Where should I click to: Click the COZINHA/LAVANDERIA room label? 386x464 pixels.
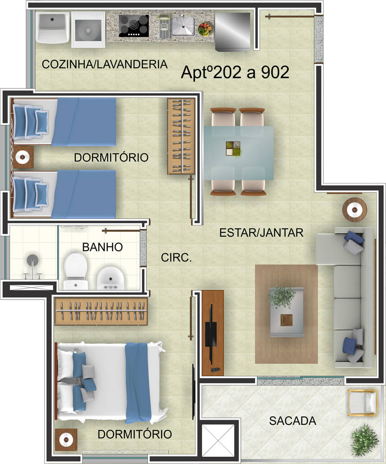(x=105, y=64)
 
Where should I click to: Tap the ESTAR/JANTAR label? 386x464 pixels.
(x=261, y=233)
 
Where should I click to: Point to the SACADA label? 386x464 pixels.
(x=293, y=421)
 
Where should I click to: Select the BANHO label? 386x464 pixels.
(x=102, y=247)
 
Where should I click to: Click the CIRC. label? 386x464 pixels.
(x=176, y=257)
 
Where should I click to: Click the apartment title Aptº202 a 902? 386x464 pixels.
(x=235, y=73)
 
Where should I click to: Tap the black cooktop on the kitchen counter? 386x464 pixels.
(x=134, y=26)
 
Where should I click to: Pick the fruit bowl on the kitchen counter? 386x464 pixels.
(x=205, y=29)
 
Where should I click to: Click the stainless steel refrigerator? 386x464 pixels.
(x=233, y=32)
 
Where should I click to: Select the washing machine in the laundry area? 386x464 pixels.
(x=88, y=30)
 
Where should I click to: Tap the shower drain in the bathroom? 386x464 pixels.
(x=32, y=260)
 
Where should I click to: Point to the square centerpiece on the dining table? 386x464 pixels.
(x=233, y=149)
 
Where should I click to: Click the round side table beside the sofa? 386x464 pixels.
(x=354, y=210)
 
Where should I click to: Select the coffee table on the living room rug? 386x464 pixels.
(x=287, y=312)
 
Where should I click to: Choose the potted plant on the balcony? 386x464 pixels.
(x=364, y=440)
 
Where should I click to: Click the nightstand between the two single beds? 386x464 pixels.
(x=22, y=157)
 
